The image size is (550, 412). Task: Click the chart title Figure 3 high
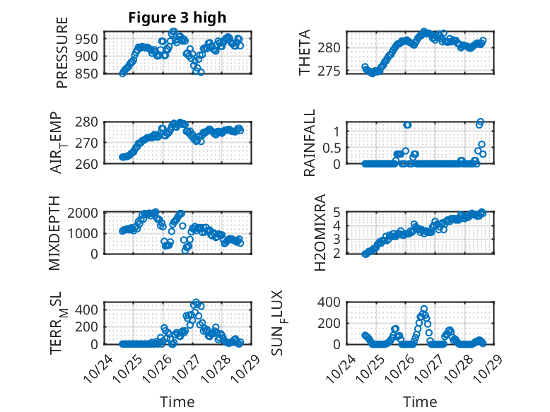177,18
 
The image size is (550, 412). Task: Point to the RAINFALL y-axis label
309,146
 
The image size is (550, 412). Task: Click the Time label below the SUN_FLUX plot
420,402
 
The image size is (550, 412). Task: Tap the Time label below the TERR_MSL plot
177,402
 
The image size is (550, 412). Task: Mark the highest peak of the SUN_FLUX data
424,309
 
